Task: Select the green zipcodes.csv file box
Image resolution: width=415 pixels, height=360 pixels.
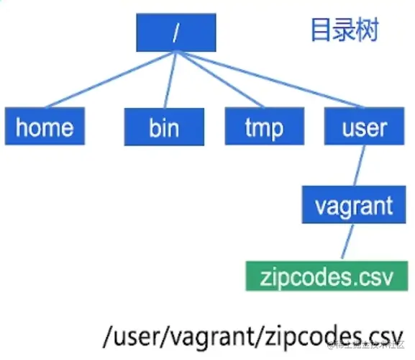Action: point(323,276)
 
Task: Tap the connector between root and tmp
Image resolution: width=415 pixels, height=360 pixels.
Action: point(220,80)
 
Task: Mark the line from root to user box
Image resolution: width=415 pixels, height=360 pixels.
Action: point(273,80)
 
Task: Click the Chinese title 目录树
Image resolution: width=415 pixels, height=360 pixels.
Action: point(344,31)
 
